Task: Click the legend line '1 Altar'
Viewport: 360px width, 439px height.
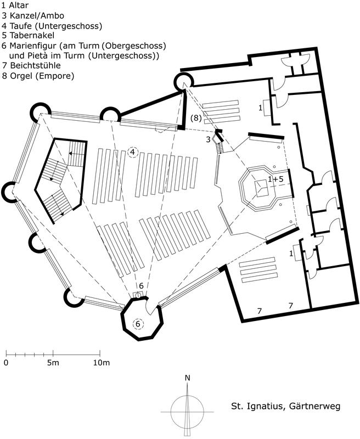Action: (15, 5)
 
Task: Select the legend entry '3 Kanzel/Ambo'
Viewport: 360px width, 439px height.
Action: (33, 15)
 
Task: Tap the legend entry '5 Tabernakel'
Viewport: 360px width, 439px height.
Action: (28, 35)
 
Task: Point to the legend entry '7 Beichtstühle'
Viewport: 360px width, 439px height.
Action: (31, 65)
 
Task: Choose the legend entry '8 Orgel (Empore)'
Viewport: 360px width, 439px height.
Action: (38, 76)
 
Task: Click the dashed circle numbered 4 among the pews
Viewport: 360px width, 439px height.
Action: (133, 153)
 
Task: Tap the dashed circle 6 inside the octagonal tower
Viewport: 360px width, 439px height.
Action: (138, 324)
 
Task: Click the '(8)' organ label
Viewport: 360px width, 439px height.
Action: (196, 118)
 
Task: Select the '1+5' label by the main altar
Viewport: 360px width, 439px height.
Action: (275, 179)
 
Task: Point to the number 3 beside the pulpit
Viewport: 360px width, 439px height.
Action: (208, 139)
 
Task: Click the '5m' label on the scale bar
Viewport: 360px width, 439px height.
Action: (53, 363)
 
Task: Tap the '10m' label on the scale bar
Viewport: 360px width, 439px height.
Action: (102, 363)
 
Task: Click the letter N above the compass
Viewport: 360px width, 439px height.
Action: (188, 378)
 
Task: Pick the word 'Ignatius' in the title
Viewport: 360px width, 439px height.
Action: (266, 406)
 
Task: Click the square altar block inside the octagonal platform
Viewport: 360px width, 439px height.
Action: (262, 188)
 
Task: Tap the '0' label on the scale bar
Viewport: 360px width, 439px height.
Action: (6, 363)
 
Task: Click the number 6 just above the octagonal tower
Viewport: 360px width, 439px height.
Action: (141, 286)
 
